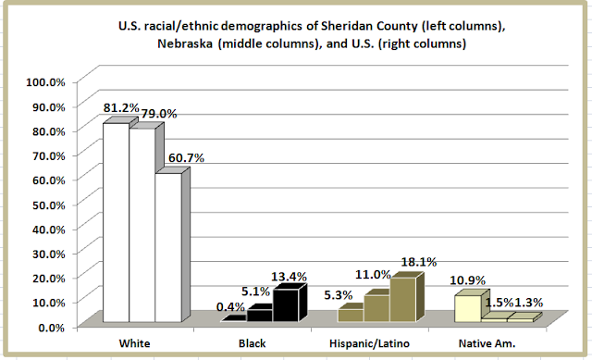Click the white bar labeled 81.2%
tap(117, 222)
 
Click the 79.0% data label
tap(159, 114)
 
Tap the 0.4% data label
tap(230, 307)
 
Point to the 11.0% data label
tap(373, 275)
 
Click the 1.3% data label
tap(529, 303)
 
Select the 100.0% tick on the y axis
tap(45, 82)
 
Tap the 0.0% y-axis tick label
tap(52, 328)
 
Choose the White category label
tap(134, 343)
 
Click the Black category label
tap(253, 343)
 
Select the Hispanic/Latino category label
tap(369, 343)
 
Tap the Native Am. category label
tap(487, 343)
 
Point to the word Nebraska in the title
tap(186, 43)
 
